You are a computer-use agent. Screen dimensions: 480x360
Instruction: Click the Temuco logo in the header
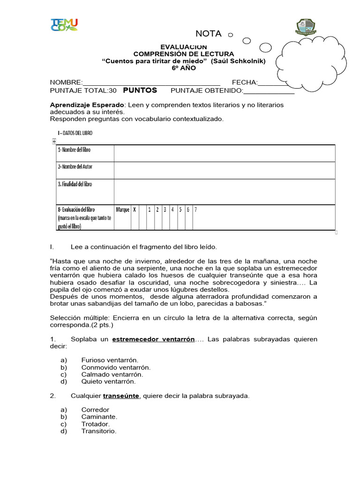pos(64,25)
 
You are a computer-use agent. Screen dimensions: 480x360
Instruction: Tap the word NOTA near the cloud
pos(208,34)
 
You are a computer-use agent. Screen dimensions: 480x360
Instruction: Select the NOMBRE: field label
pos(66,83)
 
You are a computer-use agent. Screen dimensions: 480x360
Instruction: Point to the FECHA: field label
pos(245,83)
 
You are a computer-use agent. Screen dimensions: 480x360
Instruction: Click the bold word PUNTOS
pos(140,90)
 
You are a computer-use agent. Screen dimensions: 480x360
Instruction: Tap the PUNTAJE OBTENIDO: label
pos(206,90)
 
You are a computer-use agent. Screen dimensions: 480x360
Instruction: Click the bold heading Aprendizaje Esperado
pos(87,105)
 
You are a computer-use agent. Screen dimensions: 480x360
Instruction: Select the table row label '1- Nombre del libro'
pos(74,150)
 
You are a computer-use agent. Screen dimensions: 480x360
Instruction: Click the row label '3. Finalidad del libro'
pos(75,184)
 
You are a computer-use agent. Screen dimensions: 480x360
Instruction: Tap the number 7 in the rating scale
pos(195,210)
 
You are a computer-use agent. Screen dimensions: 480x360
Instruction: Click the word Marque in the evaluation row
pos(122,210)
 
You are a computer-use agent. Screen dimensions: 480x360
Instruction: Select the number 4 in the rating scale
pos(172,210)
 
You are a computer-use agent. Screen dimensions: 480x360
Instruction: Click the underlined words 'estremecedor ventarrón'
pos(153,339)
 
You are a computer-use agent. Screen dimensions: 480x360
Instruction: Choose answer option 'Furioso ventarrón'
pos(110,360)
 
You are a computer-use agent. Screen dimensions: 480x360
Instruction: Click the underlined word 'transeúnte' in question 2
pos(121,396)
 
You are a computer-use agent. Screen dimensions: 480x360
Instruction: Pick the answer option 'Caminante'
pos(99,417)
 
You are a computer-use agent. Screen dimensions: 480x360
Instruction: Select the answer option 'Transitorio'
pos(98,431)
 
